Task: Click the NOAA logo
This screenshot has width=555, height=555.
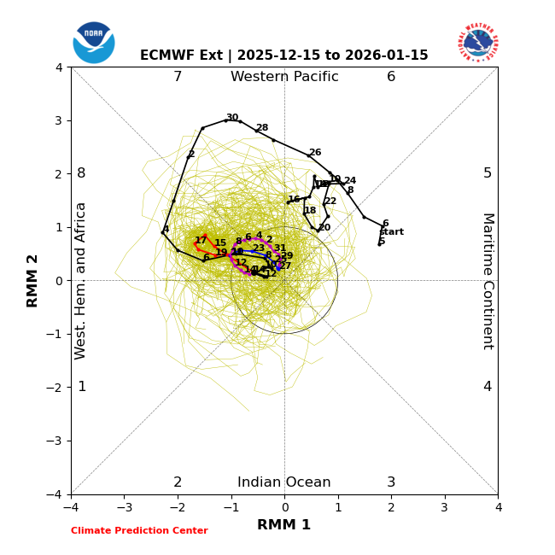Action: [x=94, y=43]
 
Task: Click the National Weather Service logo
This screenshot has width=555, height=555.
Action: [x=478, y=43]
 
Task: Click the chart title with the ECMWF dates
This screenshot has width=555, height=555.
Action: [x=284, y=55]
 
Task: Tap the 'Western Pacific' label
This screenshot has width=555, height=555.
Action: [x=284, y=77]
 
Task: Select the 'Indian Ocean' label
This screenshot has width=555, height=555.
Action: [x=284, y=482]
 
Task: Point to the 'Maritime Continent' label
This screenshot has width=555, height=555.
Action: [x=488, y=281]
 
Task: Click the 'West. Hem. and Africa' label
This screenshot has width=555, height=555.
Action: [x=81, y=281]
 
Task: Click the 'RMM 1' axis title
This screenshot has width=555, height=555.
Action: [x=284, y=525]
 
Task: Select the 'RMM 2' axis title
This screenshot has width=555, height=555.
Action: [x=33, y=281]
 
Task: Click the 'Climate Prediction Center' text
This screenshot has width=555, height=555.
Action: [x=139, y=531]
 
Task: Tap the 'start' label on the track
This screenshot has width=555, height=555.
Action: [x=391, y=232]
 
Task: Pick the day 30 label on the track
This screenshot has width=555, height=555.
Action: [x=232, y=118]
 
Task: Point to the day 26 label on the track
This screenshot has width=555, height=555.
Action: [x=315, y=153]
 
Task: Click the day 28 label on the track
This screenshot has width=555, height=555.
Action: [x=262, y=128]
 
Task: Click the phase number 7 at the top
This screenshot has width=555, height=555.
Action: [x=178, y=77]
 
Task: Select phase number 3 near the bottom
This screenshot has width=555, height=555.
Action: [x=391, y=482]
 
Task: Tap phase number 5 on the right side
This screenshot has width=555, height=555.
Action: [x=488, y=173]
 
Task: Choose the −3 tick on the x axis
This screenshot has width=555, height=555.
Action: [x=124, y=508]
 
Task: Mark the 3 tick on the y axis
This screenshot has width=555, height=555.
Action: [x=59, y=120]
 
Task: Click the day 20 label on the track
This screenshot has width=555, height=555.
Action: [x=324, y=228]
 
